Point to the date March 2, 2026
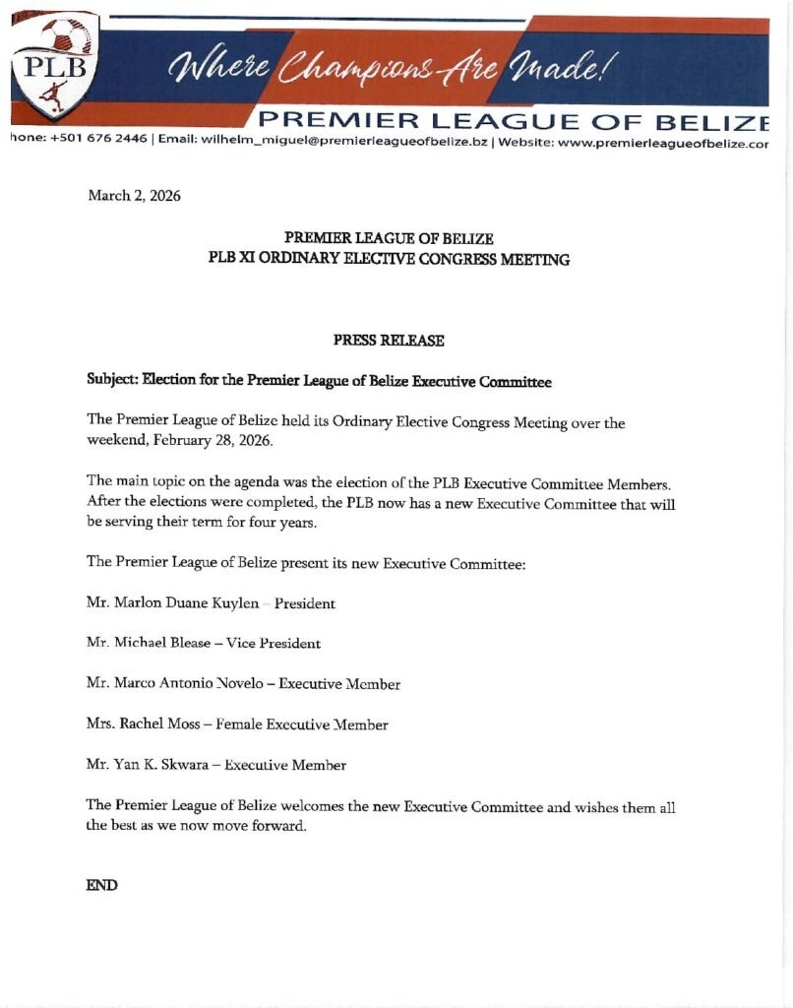pyautogui.click(x=134, y=196)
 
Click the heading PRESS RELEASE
pyautogui.click(x=389, y=341)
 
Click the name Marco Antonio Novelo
pyautogui.click(x=191, y=683)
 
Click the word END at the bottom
pyautogui.click(x=101, y=885)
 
